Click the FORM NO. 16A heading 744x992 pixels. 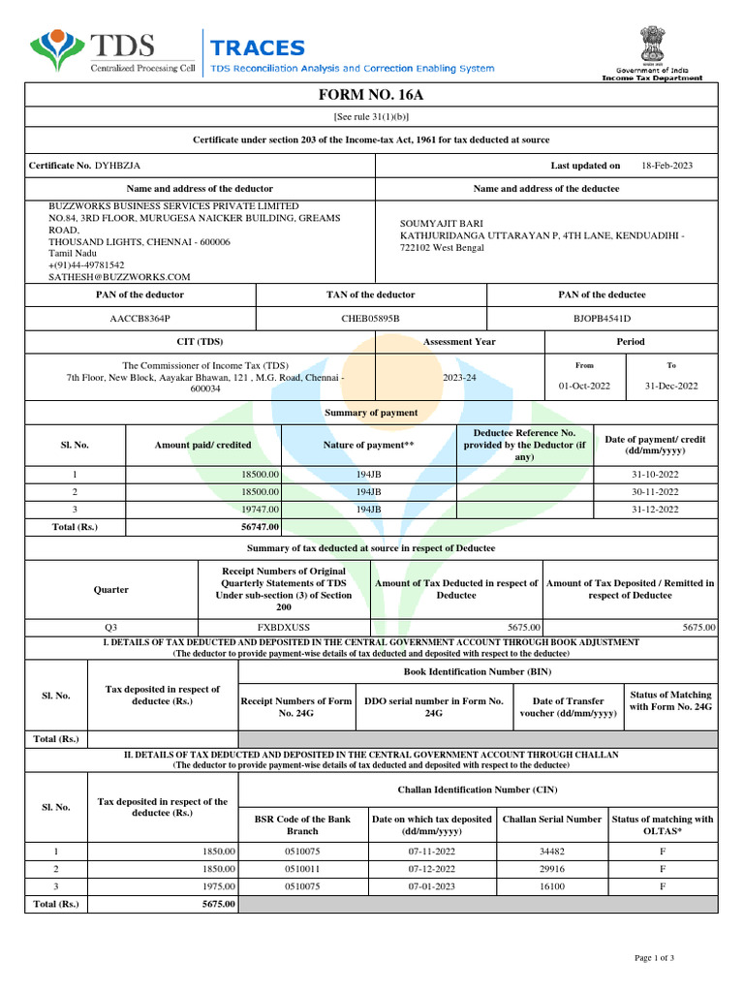coord(371,94)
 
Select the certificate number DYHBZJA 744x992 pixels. coord(117,166)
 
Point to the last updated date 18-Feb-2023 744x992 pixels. coord(666,166)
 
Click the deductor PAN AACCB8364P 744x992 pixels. coord(139,318)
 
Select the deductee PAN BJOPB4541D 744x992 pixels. coord(602,318)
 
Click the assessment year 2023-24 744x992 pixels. coord(459,377)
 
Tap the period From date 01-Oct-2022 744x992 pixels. coord(584,386)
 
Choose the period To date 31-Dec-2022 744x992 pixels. coord(670,386)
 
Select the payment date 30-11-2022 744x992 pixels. coord(655,491)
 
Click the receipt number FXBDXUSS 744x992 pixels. coord(284,627)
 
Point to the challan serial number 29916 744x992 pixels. coord(551,868)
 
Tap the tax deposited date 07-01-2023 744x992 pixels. coord(431,885)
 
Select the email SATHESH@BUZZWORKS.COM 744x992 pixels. coord(119,276)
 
